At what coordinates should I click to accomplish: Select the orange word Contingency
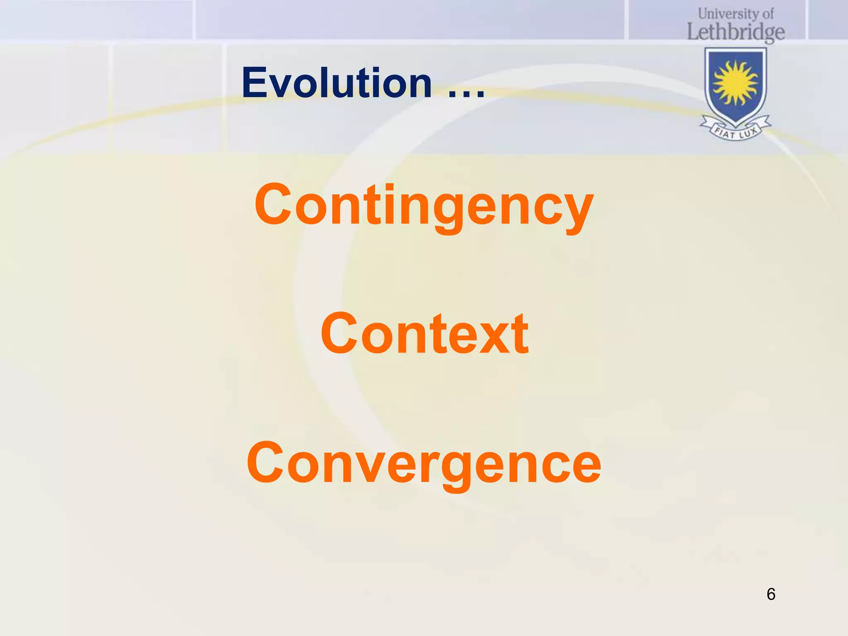[424, 206]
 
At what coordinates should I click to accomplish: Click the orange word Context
[424, 334]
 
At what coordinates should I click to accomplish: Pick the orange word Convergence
[424, 463]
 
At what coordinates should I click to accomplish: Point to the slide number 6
[771, 594]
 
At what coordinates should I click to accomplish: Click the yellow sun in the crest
[735, 83]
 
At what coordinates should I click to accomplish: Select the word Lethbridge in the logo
[736, 32]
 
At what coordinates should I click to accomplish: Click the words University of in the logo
[736, 14]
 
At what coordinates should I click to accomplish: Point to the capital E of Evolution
[256, 83]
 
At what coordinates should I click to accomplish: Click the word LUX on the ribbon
[749, 133]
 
